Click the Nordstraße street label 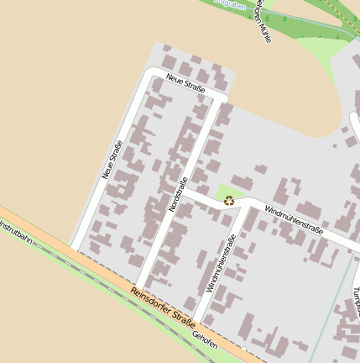pos(177,194)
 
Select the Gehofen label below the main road pos(205,339)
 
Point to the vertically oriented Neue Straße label pos(112,159)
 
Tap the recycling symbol pos(229,201)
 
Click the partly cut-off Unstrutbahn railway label pos(15,230)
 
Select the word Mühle pos(265,31)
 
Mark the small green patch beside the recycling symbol pos(224,192)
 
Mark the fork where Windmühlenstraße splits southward pos(245,207)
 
